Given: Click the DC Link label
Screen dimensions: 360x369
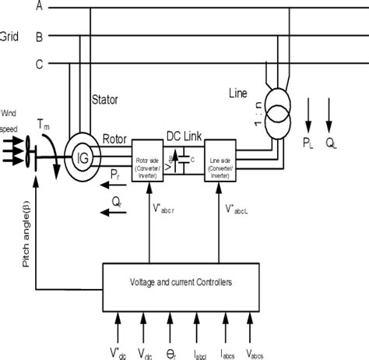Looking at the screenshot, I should pos(184,135).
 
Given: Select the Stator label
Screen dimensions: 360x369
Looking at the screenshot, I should pos(107,99).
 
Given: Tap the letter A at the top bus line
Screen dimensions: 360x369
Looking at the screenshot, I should pos(40,6).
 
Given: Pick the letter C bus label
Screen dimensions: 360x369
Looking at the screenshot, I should pos(40,65).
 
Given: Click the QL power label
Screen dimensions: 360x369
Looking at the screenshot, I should pos(332,142).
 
